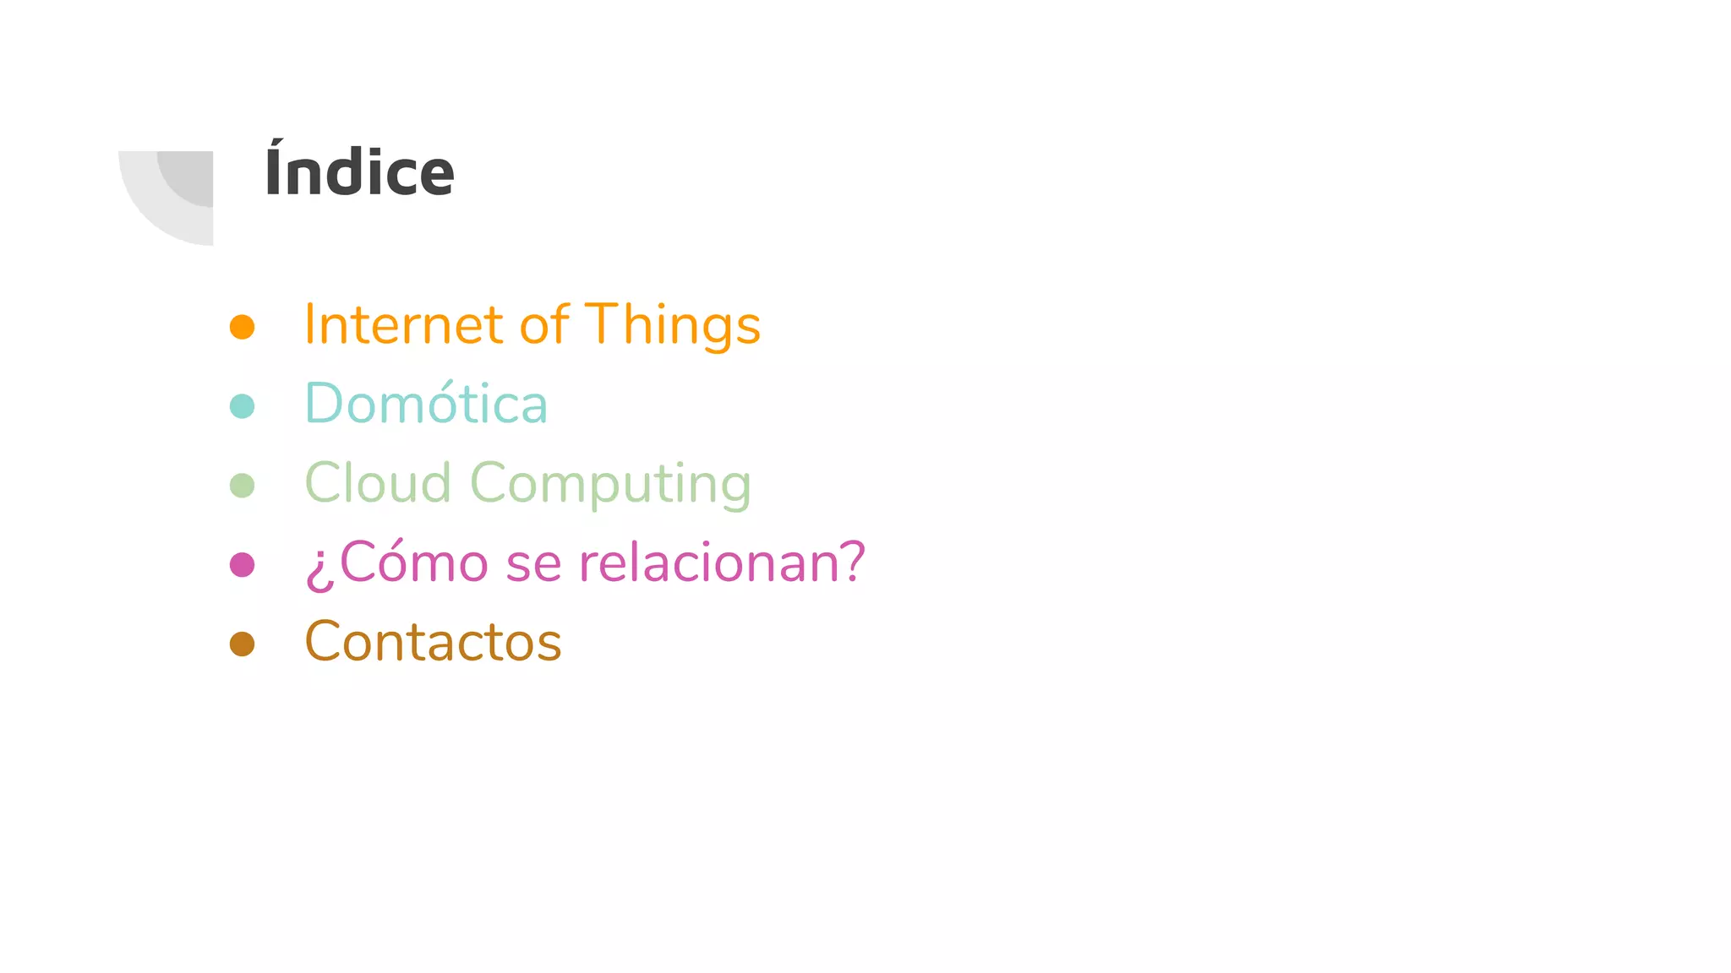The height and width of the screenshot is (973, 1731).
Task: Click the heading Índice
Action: (359, 172)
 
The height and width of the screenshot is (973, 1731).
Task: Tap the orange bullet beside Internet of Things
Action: (243, 327)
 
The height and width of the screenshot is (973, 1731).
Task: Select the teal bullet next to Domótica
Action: (243, 406)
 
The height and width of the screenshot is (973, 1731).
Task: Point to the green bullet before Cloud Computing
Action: (243, 486)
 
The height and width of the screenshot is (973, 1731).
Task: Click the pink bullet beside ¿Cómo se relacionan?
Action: (243, 564)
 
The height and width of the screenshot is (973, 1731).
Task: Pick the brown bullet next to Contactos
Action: (243, 644)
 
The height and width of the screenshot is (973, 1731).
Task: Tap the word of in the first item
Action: (544, 325)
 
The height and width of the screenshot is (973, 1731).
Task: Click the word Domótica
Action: (426, 404)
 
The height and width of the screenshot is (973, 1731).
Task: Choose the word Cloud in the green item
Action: (377, 483)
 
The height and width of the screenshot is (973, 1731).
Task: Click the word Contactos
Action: (433, 642)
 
